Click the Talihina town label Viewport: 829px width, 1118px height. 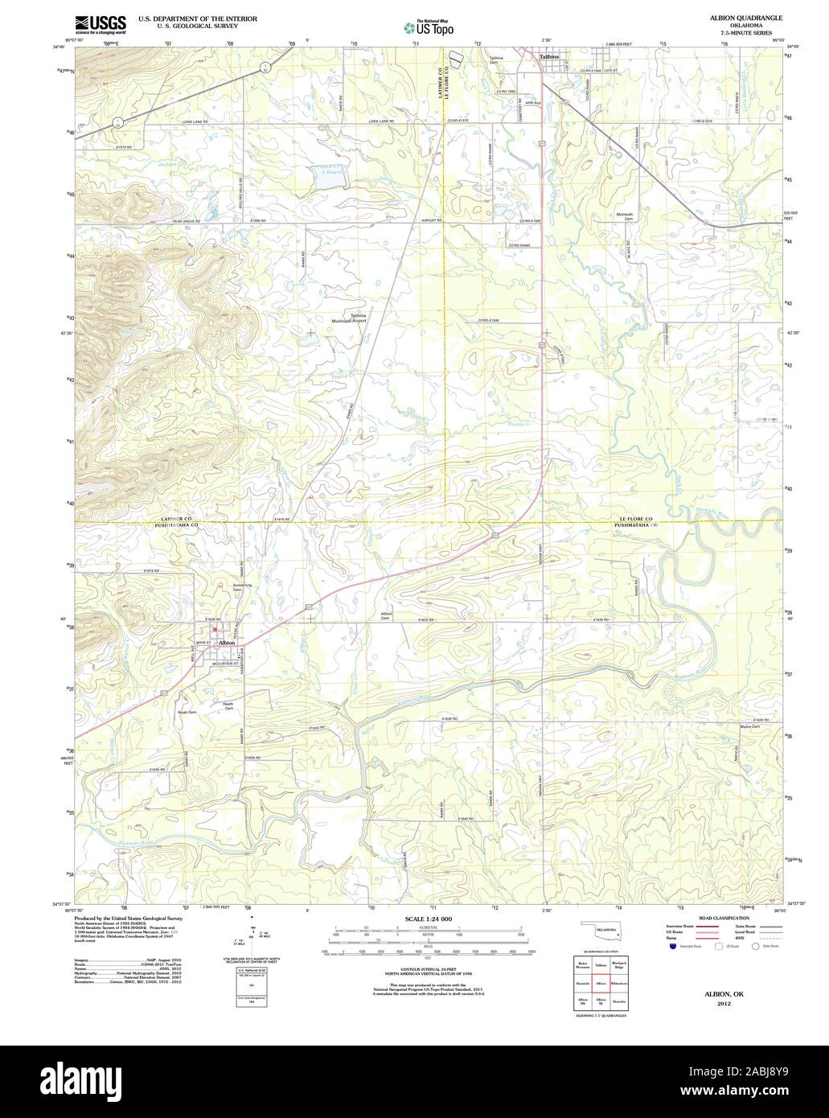tap(550, 57)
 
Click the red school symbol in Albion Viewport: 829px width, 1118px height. tap(215, 630)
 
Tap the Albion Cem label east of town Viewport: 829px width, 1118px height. tap(386, 615)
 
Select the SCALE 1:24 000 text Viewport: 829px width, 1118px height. tap(429, 919)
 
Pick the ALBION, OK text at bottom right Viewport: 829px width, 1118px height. tap(720, 994)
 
